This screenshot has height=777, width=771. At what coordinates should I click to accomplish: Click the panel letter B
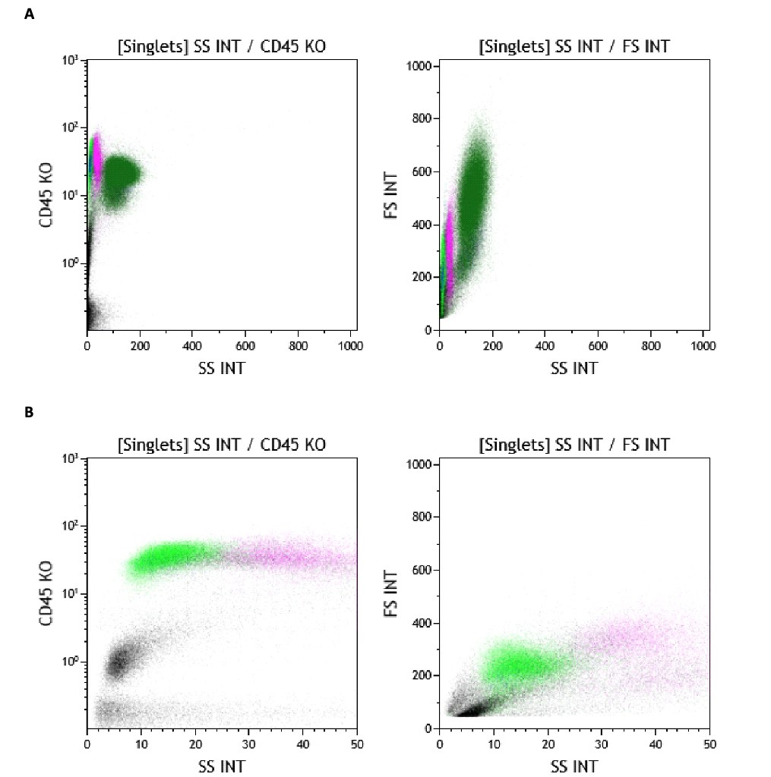pyautogui.click(x=29, y=413)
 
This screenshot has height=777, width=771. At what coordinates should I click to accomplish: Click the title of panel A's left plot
pyautogui.click(x=222, y=46)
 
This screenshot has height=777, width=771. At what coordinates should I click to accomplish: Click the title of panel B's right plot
pyautogui.click(x=574, y=445)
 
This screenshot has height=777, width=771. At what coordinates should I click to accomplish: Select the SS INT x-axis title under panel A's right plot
pyautogui.click(x=574, y=368)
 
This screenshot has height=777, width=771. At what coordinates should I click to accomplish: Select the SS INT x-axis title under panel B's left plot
pyautogui.click(x=222, y=766)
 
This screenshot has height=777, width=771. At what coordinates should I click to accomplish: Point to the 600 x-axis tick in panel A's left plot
pyautogui.click(x=245, y=346)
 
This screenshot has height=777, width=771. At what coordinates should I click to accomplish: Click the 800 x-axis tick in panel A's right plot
pyautogui.click(x=651, y=346)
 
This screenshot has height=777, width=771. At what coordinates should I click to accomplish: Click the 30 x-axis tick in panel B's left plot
pyautogui.click(x=248, y=744)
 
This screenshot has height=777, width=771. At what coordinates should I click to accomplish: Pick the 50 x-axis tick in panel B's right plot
pyautogui.click(x=709, y=744)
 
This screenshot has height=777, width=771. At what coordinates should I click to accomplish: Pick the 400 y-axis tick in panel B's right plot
pyautogui.click(x=422, y=623)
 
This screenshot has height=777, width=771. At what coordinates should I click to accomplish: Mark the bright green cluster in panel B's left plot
pyautogui.click(x=167, y=558)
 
